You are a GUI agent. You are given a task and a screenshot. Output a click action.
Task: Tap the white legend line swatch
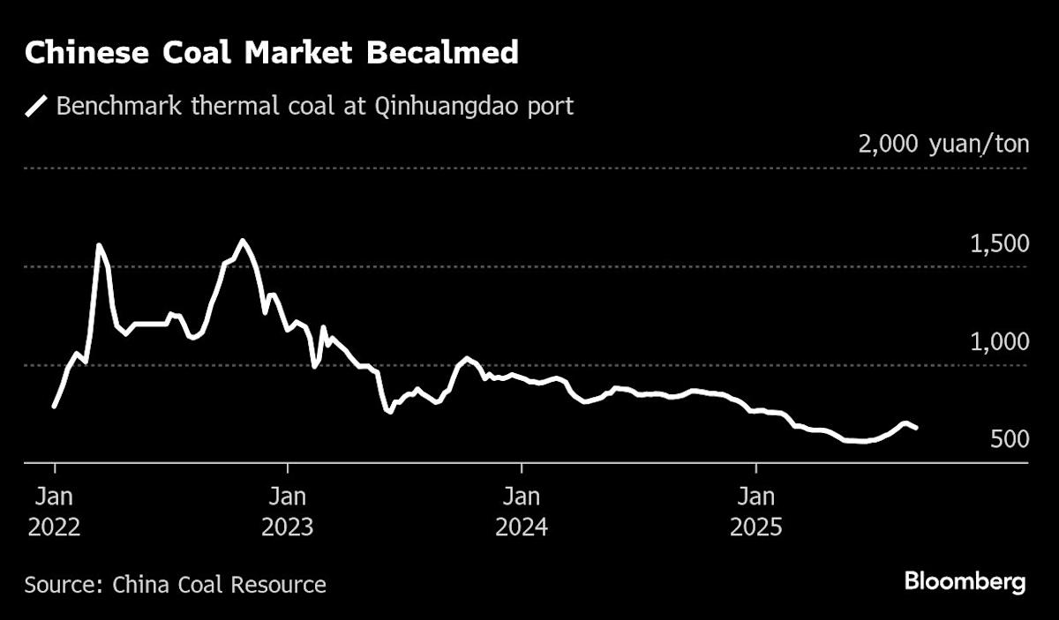tap(36, 108)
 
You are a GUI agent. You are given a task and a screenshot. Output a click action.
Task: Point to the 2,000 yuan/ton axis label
tap(943, 144)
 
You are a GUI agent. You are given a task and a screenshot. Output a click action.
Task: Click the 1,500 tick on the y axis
tap(998, 243)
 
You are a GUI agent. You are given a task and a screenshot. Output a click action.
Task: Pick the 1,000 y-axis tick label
tap(998, 342)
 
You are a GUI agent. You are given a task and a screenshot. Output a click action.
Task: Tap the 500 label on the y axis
tap(1010, 439)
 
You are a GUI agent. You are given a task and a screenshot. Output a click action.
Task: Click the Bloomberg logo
tap(965, 582)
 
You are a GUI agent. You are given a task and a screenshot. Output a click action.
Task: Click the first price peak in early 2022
tap(99, 245)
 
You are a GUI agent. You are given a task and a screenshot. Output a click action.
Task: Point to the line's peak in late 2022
tap(243, 240)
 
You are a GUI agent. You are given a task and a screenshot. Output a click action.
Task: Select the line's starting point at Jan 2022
tap(55, 406)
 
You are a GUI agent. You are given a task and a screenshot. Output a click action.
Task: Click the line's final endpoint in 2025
tap(917, 428)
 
